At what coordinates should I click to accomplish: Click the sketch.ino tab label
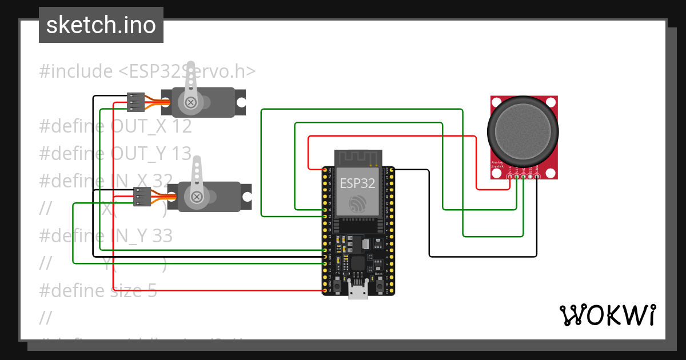coord(101,25)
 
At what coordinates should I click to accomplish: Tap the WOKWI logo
coord(607,315)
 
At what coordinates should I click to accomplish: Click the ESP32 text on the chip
coord(358,183)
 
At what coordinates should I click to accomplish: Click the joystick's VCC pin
coord(510,177)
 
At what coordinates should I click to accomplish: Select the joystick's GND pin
coord(537,177)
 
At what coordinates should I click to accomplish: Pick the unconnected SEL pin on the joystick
coord(530,177)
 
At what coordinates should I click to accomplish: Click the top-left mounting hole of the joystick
coord(496,101)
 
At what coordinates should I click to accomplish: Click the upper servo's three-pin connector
coord(135,102)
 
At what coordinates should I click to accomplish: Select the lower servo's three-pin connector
coord(141,197)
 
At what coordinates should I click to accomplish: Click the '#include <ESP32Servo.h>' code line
coord(147,71)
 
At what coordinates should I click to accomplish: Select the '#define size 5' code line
coord(98,290)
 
